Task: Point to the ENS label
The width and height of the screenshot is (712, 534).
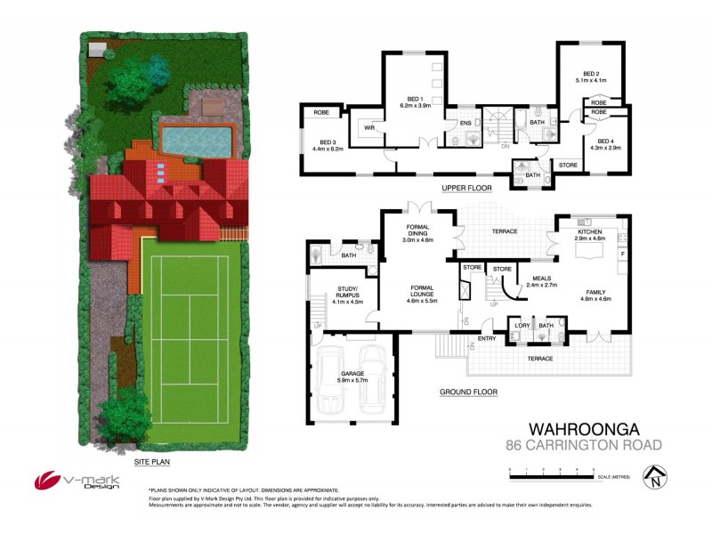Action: [465, 123]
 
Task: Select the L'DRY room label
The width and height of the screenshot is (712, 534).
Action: [522, 326]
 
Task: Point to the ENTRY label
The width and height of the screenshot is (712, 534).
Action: [487, 338]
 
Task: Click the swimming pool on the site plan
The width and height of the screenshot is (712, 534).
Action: [197, 138]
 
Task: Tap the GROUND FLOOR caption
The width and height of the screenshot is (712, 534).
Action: [468, 392]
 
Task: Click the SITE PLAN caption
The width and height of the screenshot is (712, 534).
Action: [151, 463]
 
